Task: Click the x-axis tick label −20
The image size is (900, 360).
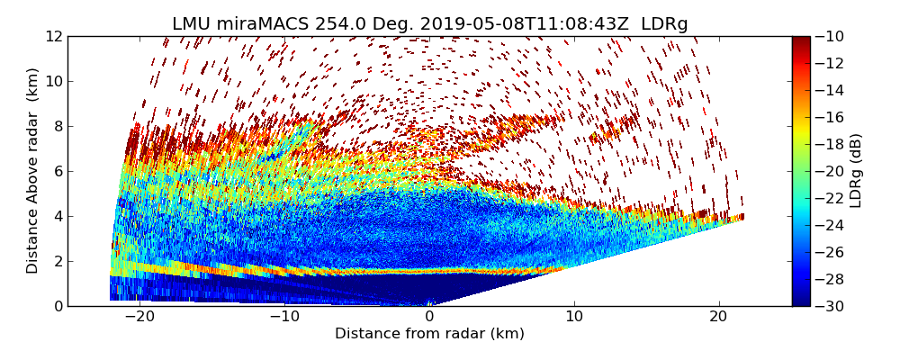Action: [x=139, y=317]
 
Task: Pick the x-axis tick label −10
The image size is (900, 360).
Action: [x=284, y=317]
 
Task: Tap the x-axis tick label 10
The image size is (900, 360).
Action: [x=574, y=317]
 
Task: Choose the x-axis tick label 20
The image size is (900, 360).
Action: [x=719, y=317]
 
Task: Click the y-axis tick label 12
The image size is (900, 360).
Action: [x=55, y=36]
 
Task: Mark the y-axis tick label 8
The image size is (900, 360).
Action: [x=58, y=126]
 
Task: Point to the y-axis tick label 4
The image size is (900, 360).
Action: [x=58, y=216]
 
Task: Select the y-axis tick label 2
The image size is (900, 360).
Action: [x=58, y=261]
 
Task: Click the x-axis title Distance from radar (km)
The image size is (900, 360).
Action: [x=429, y=334]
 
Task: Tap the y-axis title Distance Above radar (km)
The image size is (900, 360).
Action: [x=33, y=170]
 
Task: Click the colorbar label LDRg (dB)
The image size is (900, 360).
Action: [x=856, y=170]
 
